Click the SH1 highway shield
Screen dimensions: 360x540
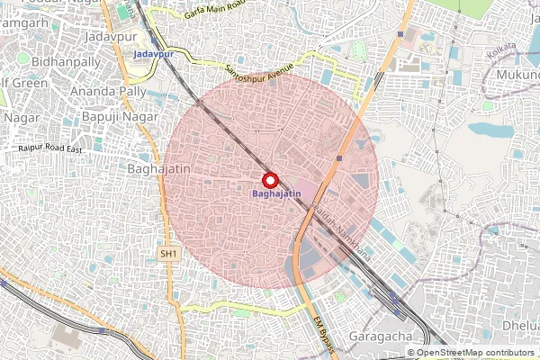(x=169, y=255)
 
